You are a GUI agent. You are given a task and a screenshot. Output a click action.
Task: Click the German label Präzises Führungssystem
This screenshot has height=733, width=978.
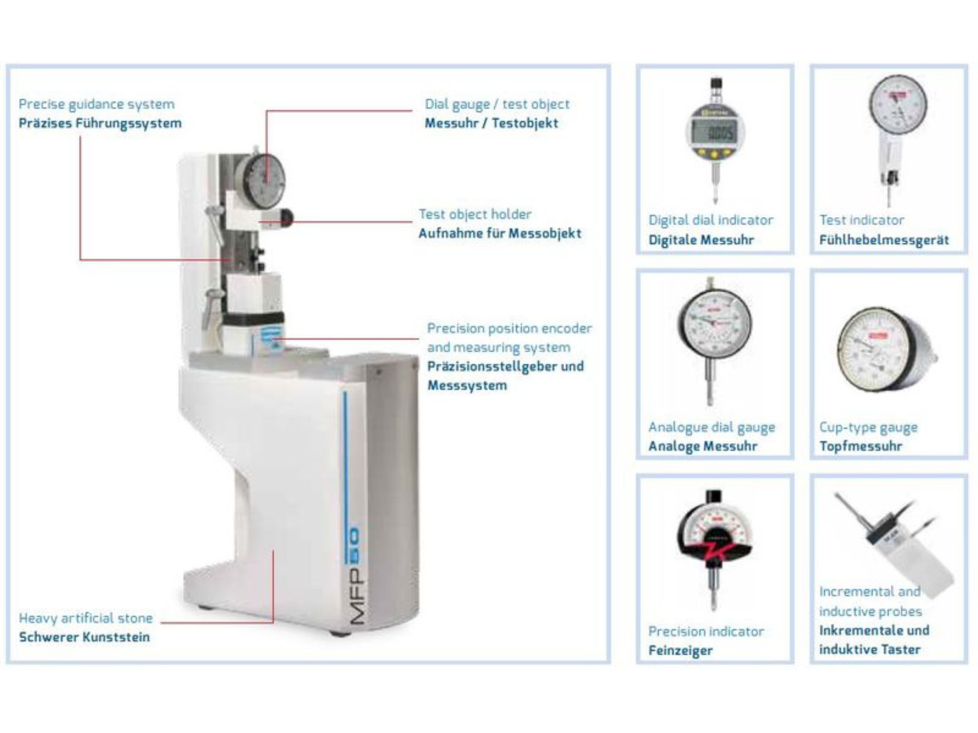tap(100, 123)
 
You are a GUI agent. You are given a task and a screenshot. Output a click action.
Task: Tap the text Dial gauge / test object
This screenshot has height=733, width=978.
tap(497, 104)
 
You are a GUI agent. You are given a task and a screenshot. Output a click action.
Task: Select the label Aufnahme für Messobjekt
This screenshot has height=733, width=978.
tap(499, 233)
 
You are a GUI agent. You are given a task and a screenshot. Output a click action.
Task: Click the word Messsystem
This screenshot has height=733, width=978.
tap(467, 385)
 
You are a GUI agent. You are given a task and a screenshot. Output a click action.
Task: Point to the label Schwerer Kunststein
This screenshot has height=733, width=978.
tap(84, 637)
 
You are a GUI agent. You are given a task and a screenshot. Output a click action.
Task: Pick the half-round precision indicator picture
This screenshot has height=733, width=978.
tap(713, 541)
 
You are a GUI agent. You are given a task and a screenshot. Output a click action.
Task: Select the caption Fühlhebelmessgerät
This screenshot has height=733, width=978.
tap(884, 240)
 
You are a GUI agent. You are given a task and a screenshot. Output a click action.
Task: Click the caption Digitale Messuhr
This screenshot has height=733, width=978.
tap(701, 240)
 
